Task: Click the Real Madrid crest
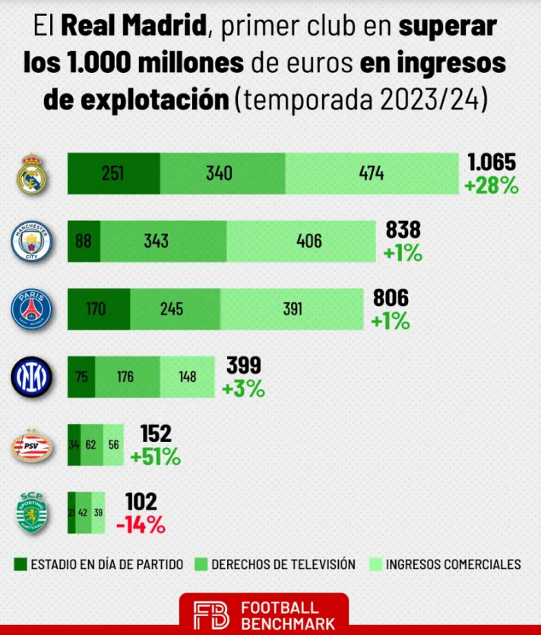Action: tap(32, 174)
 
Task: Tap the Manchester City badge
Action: tap(31, 242)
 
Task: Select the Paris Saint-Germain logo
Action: tap(31, 310)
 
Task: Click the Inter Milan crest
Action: tap(31, 378)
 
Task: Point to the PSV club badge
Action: tap(31, 446)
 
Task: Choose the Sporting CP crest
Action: tap(33, 513)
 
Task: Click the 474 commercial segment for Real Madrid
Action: tap(372, 173)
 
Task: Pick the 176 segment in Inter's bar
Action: tap(127, 378)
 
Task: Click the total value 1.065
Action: tap(492, 163)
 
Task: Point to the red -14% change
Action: tap(141, 524)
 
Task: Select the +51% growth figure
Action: tap(155, 457)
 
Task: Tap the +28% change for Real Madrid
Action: tap(491, 185)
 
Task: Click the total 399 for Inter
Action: tap(243, 366)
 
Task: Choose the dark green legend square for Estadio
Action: tap(21, 564)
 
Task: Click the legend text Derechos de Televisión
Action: tap(283, 564)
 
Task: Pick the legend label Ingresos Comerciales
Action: tap(453, 564)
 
